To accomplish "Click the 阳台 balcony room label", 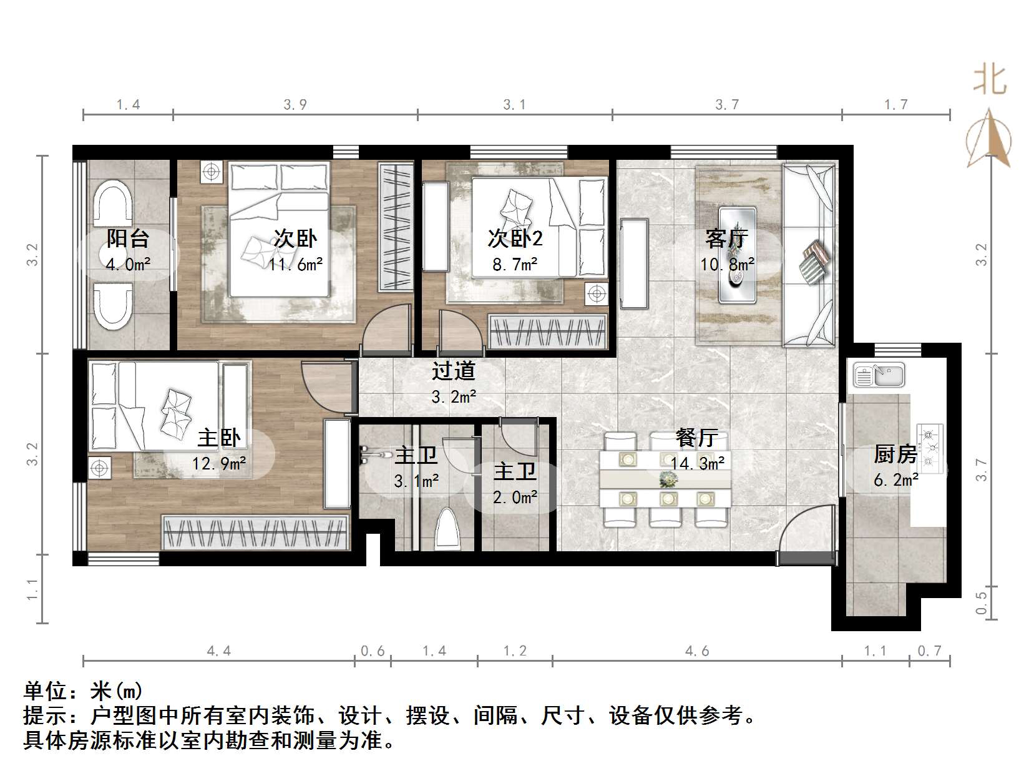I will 128,238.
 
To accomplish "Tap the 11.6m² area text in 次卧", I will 296,264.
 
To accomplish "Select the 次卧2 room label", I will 515,238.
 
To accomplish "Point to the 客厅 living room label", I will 727,238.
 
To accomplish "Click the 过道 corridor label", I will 454,371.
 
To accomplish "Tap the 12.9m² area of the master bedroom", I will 219,463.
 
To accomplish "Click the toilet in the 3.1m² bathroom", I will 447,529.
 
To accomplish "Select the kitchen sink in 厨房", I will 879,375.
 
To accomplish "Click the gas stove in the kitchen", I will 929,447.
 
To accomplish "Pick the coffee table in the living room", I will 738,255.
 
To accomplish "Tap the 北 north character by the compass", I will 990,81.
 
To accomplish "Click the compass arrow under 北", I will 989,139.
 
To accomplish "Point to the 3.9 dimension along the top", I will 295,105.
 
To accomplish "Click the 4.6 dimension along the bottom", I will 697,651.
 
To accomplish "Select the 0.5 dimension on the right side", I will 982,602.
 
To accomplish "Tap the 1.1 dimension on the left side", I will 32,589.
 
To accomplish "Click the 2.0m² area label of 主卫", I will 515,498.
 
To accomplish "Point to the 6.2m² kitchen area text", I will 896,480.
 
